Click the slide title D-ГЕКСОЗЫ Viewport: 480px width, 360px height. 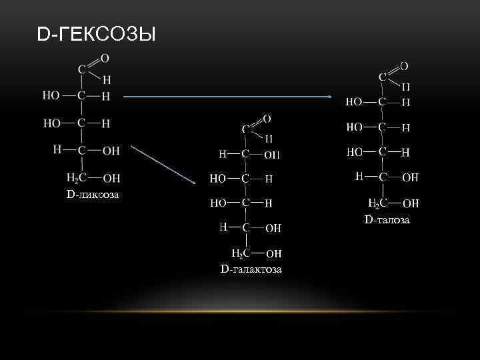(x=97, y=33)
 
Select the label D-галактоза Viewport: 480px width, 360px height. (x=251, y=269)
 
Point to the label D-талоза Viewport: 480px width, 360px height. (x=387, y=219)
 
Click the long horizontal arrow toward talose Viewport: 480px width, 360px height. (x=227, y=97)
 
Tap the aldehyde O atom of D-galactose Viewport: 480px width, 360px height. (x=267, y=119)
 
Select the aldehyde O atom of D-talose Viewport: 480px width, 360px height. (x=404, y=66)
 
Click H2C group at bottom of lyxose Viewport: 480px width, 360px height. (x=75, y=177)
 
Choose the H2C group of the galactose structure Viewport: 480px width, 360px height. (x=240, y=253)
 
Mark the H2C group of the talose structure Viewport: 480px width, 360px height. (x=377, y=203)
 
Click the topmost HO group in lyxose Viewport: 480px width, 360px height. (x=51, y=95)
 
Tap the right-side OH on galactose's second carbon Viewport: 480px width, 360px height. (x=272, y=155)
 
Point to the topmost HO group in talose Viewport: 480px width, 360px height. (x=355, y=102)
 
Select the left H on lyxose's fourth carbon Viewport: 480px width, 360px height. (x=57, y=150)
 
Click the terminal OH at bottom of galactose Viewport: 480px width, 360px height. (x=273, y=253)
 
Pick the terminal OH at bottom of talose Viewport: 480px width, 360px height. (x=411, y=203)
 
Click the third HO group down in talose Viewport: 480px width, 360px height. (x=355, y=152)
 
